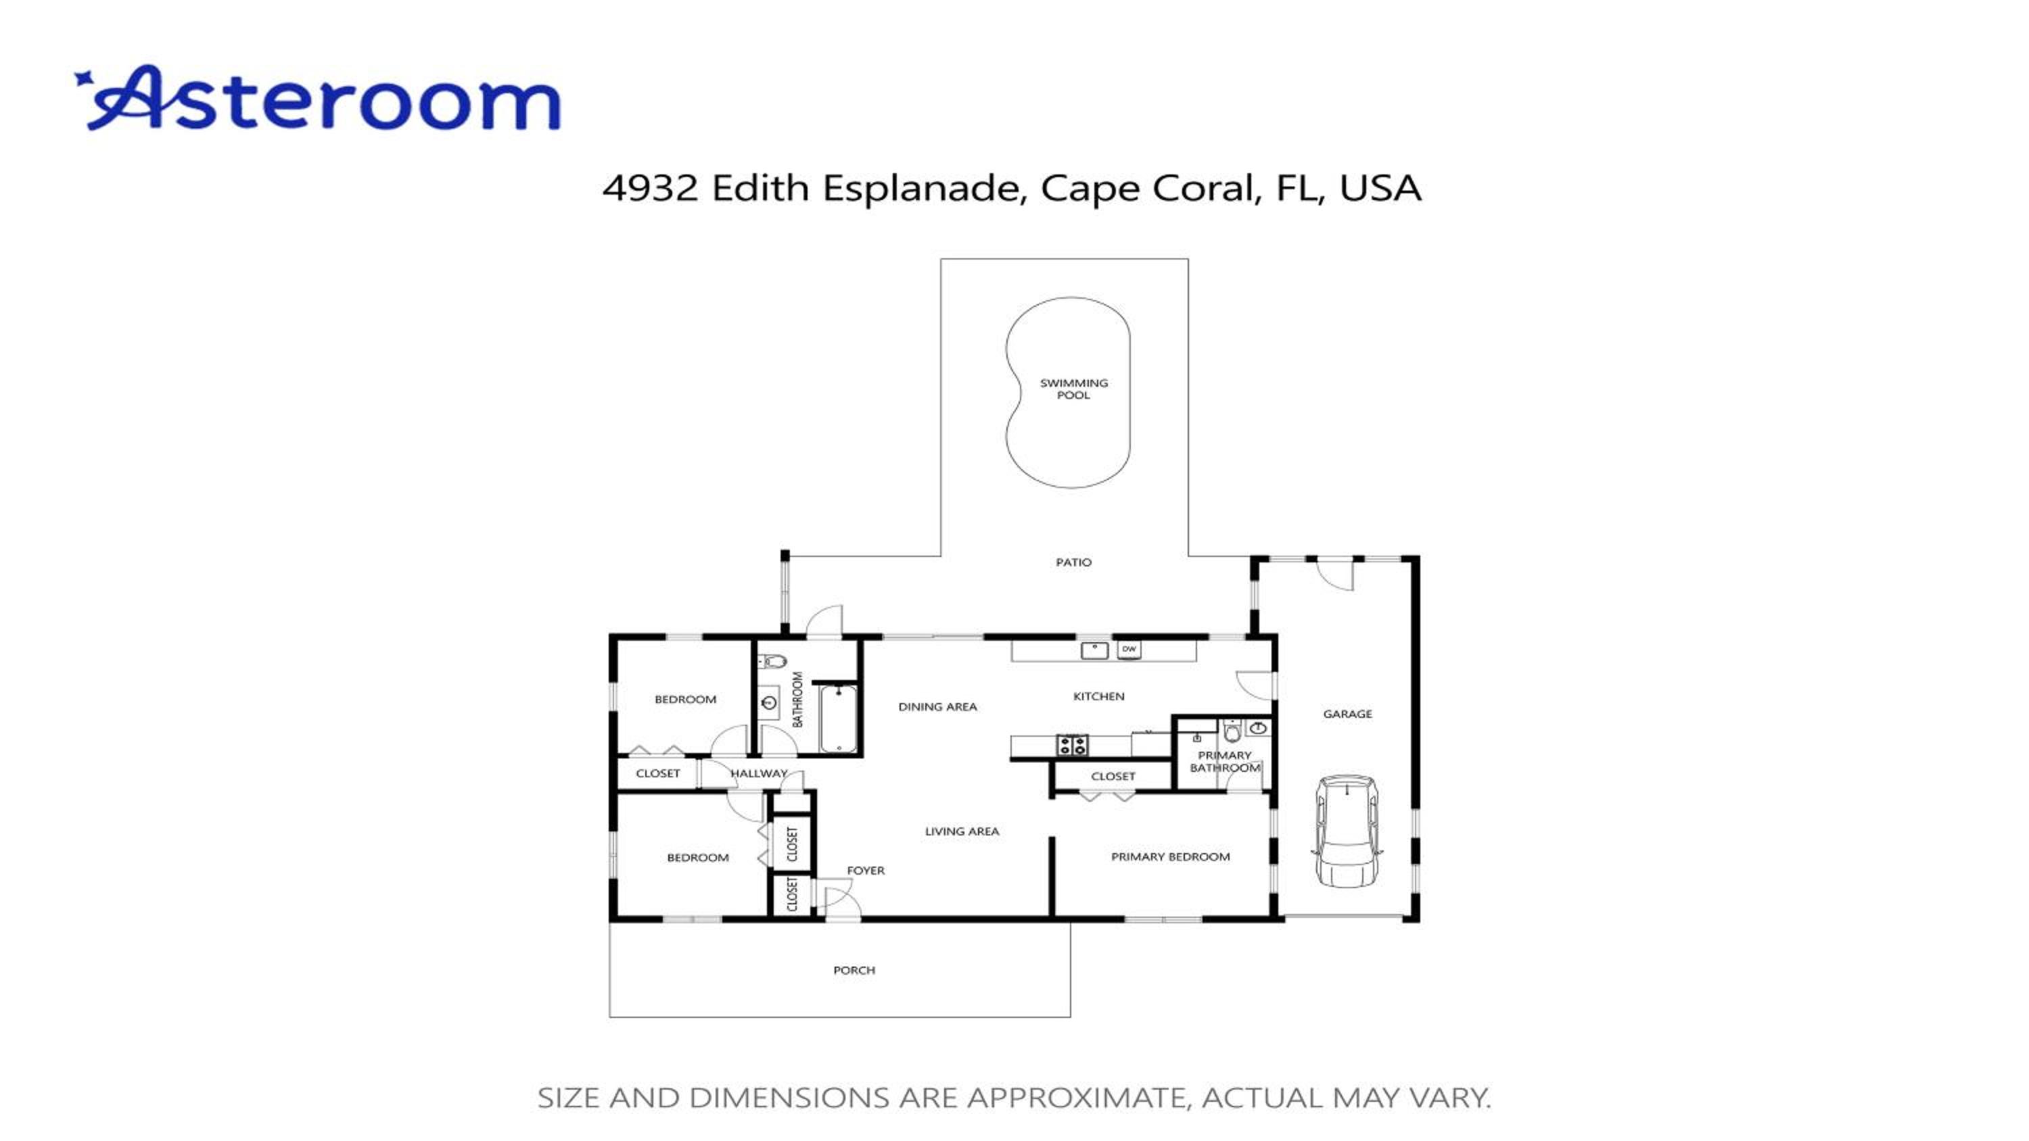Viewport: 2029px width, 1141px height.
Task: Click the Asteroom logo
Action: pos(317,99)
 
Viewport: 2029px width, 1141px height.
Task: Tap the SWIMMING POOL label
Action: pos(1073,389)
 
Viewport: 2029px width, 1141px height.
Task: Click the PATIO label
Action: pos(1073,562)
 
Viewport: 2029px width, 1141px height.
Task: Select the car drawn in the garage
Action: pos(1346,831)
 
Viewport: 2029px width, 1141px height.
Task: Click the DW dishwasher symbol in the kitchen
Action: pos(1129,650)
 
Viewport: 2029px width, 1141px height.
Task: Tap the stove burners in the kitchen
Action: pos(1072,745)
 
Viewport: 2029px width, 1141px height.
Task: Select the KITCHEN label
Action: pos(1099,696)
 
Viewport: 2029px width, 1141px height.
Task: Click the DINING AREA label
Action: pos(937,707)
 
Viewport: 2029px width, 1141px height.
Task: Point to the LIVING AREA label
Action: pos(962,831)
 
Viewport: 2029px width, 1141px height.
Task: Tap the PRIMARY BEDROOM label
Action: pos(1171,856)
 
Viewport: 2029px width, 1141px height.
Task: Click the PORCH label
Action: pos(854,970)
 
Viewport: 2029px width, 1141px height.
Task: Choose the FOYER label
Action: pos(866,870)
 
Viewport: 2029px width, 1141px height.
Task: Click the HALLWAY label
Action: pos(759,773)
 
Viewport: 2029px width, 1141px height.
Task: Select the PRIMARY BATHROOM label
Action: pos(1225,761)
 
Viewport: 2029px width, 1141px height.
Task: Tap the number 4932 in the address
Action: pos(650,187)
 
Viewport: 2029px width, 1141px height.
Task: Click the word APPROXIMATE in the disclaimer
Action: pos(1076,1098)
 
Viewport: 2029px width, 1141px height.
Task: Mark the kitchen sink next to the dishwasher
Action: pos(1095,650)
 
